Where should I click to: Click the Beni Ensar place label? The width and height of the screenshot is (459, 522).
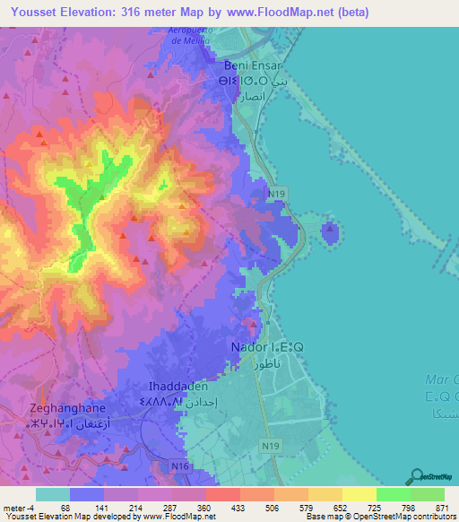tap(251, 66)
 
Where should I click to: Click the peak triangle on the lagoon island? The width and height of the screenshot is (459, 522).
tap(330, 229)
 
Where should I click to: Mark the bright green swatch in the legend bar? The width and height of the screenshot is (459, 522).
tap(392, 494)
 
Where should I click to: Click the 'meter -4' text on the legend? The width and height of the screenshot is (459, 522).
tap(19, 508)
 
